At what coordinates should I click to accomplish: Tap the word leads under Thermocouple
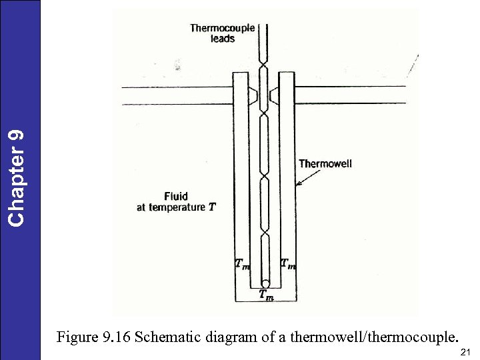click(x=223, y=39)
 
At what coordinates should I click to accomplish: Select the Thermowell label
click(x=325, y=163)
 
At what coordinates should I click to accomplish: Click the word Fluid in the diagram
click(x=176, y=196)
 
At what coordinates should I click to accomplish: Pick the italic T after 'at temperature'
click(x=212, y=207)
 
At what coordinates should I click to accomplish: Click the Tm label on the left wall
click(x=242, y=264)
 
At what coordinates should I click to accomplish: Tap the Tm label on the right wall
click(x=288, y=264)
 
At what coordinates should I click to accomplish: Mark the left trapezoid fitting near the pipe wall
click(x=253, y=97)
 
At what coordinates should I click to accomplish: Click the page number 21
click(x=465, y=351)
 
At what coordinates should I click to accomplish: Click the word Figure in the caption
click(x=76, y=337)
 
